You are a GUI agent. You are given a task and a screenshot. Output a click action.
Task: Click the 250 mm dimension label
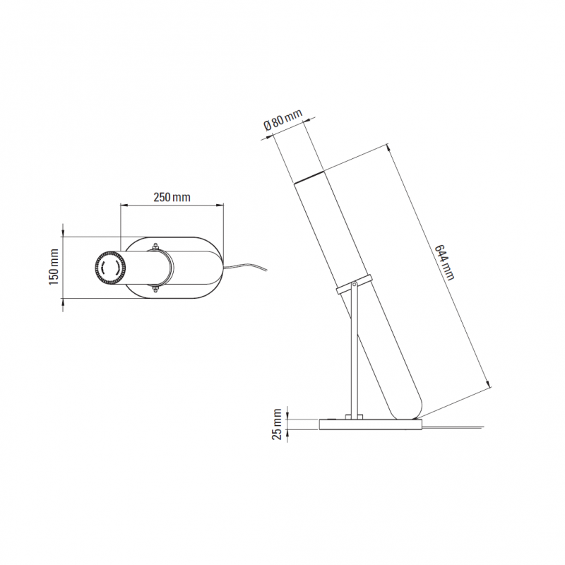click(x=172, y=198)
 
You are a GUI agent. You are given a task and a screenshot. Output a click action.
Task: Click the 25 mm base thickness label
click(x=277, y=424)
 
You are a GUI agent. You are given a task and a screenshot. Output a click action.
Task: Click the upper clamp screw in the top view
click(x=154, y=246)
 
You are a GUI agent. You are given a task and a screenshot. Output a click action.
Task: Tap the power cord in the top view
click(x=247, y=266)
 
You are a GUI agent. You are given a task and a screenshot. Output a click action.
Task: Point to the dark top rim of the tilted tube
click(x=309, y=177)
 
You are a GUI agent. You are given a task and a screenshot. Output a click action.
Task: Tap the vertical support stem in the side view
click(x=354, y=353)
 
